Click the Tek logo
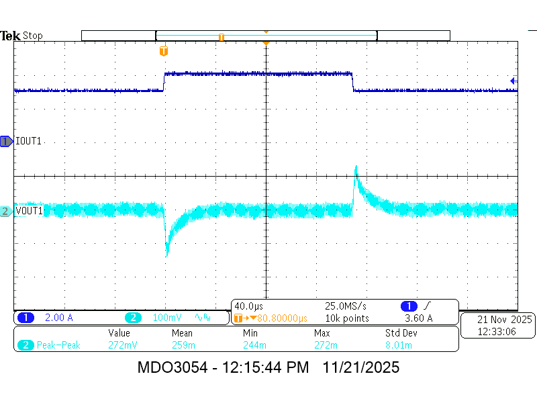pyautogui.click(x=11, y=36)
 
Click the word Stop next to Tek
pyautogui.click(x=33, y=36)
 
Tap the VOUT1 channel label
pyautogui.click(x=30, y=211)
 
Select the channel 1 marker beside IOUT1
pyautogui.click(x=6, y=142)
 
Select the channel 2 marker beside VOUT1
pyautogui.click(x=6, y=212)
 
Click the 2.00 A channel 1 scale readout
pyautogui.click(x=58, y=318)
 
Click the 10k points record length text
pyautogui.click(x=347, y=318)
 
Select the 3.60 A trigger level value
pyautogui.click(x=419, y=318)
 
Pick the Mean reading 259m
pyautogui.click(x=181, y=345)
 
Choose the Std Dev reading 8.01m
pyautogui.click(x=399, y=345)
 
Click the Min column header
pyautogui.click(x=250, y=333)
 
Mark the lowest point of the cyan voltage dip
pyautogui.click(x=167, y=256)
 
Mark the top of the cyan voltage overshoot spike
pyautogui.click(x=356, y=166)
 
